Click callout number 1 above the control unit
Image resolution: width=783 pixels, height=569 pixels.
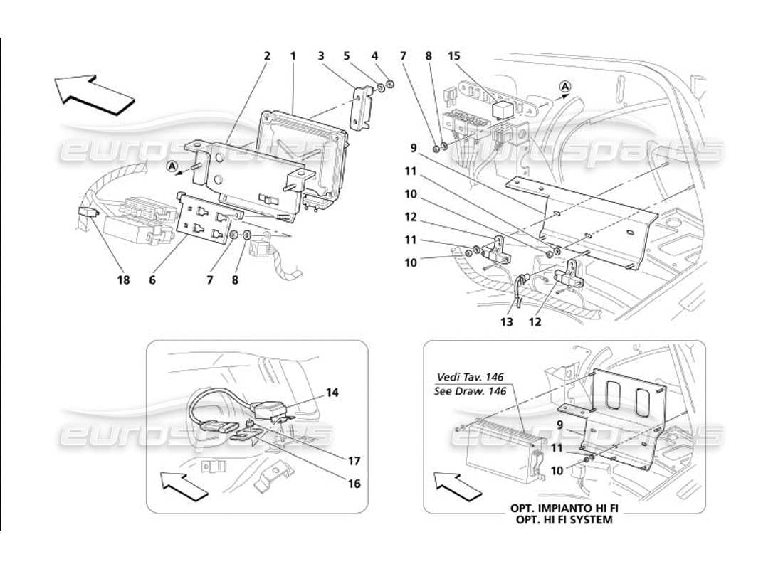point(293,55)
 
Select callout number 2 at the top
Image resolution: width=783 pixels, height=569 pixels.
point(267,55)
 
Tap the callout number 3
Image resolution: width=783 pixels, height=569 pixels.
point(321,55)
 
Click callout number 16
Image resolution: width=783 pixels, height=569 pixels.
point(354,484)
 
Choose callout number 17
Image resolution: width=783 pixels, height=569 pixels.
point(354,460)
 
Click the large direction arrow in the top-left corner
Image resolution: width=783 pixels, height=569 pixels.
point(94,95)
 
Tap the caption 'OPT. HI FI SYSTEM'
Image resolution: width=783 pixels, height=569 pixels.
point(561,520)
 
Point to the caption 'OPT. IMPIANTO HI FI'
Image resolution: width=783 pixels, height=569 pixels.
point(561,509)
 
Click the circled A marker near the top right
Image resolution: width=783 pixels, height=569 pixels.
point(564,87)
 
